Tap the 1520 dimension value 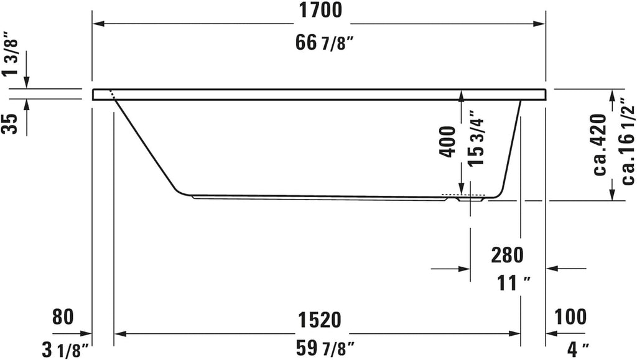click(319, 320)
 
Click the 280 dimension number click(507, 255)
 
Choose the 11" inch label click(514, 283)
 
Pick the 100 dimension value click(570, 316)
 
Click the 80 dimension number click(63, 316)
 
